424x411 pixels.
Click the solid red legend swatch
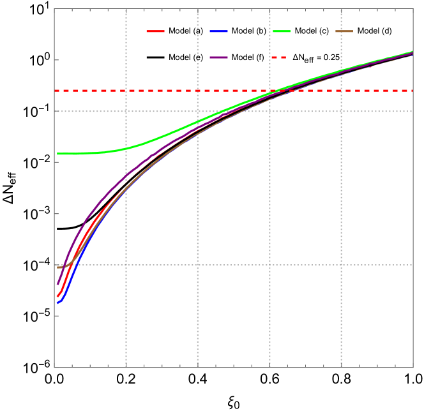coord(155,31)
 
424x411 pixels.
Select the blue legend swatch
coord(218,31)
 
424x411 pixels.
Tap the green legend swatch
coord(282,31)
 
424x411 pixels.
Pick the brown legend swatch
coord(344,31)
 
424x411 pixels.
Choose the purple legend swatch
coord(218,57)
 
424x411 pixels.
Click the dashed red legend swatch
coord(278,57)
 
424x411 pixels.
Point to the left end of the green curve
coord(57,154)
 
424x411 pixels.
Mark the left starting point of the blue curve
coord(57,303)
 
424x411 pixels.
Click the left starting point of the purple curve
coord(57,284)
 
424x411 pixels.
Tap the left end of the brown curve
coord(57,267)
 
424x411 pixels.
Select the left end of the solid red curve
coord(57,296)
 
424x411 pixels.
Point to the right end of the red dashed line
coord(413,91)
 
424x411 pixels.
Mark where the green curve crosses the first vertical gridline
coord(126,149)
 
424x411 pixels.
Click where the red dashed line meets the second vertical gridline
coord(197,91)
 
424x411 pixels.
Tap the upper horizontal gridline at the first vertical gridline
coord(126,111)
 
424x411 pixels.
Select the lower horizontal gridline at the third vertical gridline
coord(269,265)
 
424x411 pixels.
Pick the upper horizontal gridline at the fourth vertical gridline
coord(341,111)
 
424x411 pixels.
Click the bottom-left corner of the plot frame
coord(54,368)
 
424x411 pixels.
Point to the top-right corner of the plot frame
coord(413,9)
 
